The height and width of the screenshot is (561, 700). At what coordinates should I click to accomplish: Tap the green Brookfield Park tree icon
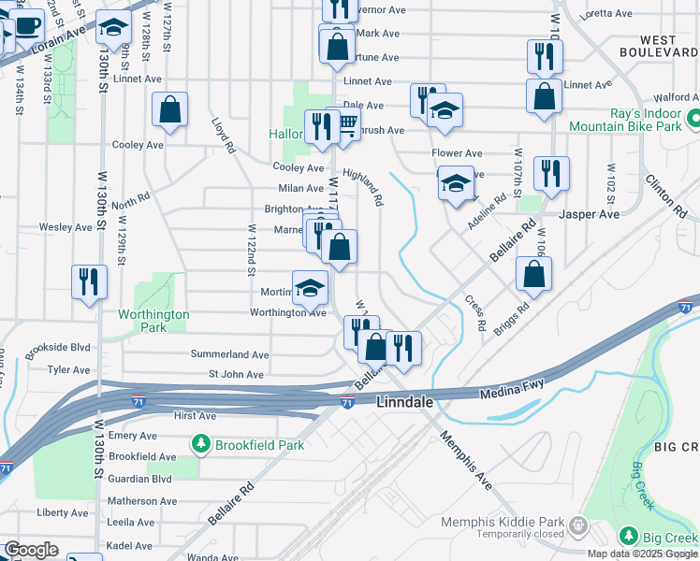coord(199,445)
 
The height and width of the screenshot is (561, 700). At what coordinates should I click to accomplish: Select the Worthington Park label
coord(153,321)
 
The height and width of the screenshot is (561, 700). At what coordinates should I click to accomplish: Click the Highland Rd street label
coord(363,187)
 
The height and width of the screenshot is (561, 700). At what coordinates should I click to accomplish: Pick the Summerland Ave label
coord(229,355)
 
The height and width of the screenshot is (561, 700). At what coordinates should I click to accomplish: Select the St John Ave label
coord(238,375)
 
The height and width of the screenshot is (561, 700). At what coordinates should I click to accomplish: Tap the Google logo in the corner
coord(30,550)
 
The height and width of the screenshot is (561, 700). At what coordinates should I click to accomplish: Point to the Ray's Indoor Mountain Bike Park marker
coord(693,119)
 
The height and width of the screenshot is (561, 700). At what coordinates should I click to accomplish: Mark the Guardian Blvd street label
coord(140,478)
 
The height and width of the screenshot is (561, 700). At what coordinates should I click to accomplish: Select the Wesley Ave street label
coord(65,227)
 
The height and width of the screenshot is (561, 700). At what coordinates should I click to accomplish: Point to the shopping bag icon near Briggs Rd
coord(533,274)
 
